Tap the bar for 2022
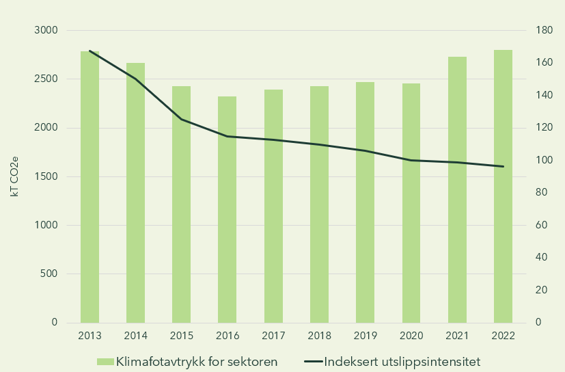(503, 186)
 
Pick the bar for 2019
(365, 202)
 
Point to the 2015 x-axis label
(182, 336)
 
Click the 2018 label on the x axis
(320, 336)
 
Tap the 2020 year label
(411, 336)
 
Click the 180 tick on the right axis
(544, 31)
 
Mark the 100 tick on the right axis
(544, 161)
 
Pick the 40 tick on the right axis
(541, 258)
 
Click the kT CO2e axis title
(14, 176)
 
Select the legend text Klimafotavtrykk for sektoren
(197, 361)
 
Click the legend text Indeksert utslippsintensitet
(403, 361)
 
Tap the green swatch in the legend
(105, 361)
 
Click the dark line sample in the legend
(312, 361)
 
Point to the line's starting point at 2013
(89, 51)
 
